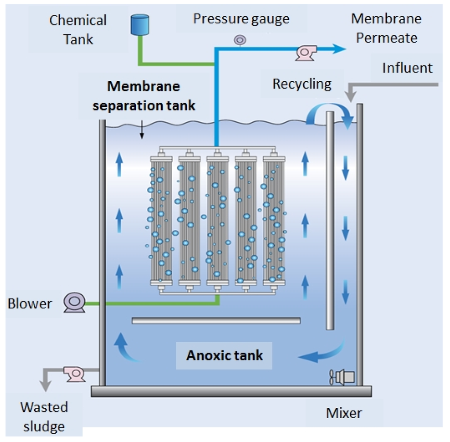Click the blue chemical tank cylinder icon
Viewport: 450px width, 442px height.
[140, 25]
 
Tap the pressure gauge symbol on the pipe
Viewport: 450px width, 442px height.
[240, 40]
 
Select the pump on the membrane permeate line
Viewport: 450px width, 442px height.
[304, 52]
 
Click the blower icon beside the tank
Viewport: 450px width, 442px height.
[73, 303]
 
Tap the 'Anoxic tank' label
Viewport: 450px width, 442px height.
[224, 355]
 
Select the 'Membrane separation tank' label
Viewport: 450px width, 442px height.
[144, 96]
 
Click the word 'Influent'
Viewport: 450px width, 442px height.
[407, 68]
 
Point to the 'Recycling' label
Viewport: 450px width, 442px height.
[302, 83]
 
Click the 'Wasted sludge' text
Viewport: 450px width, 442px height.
[44, 417]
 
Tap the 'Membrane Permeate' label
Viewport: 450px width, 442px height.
[386, 29]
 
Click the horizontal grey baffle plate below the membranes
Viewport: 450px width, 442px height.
[216, 321]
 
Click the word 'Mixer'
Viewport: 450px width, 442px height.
[344, 413]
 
